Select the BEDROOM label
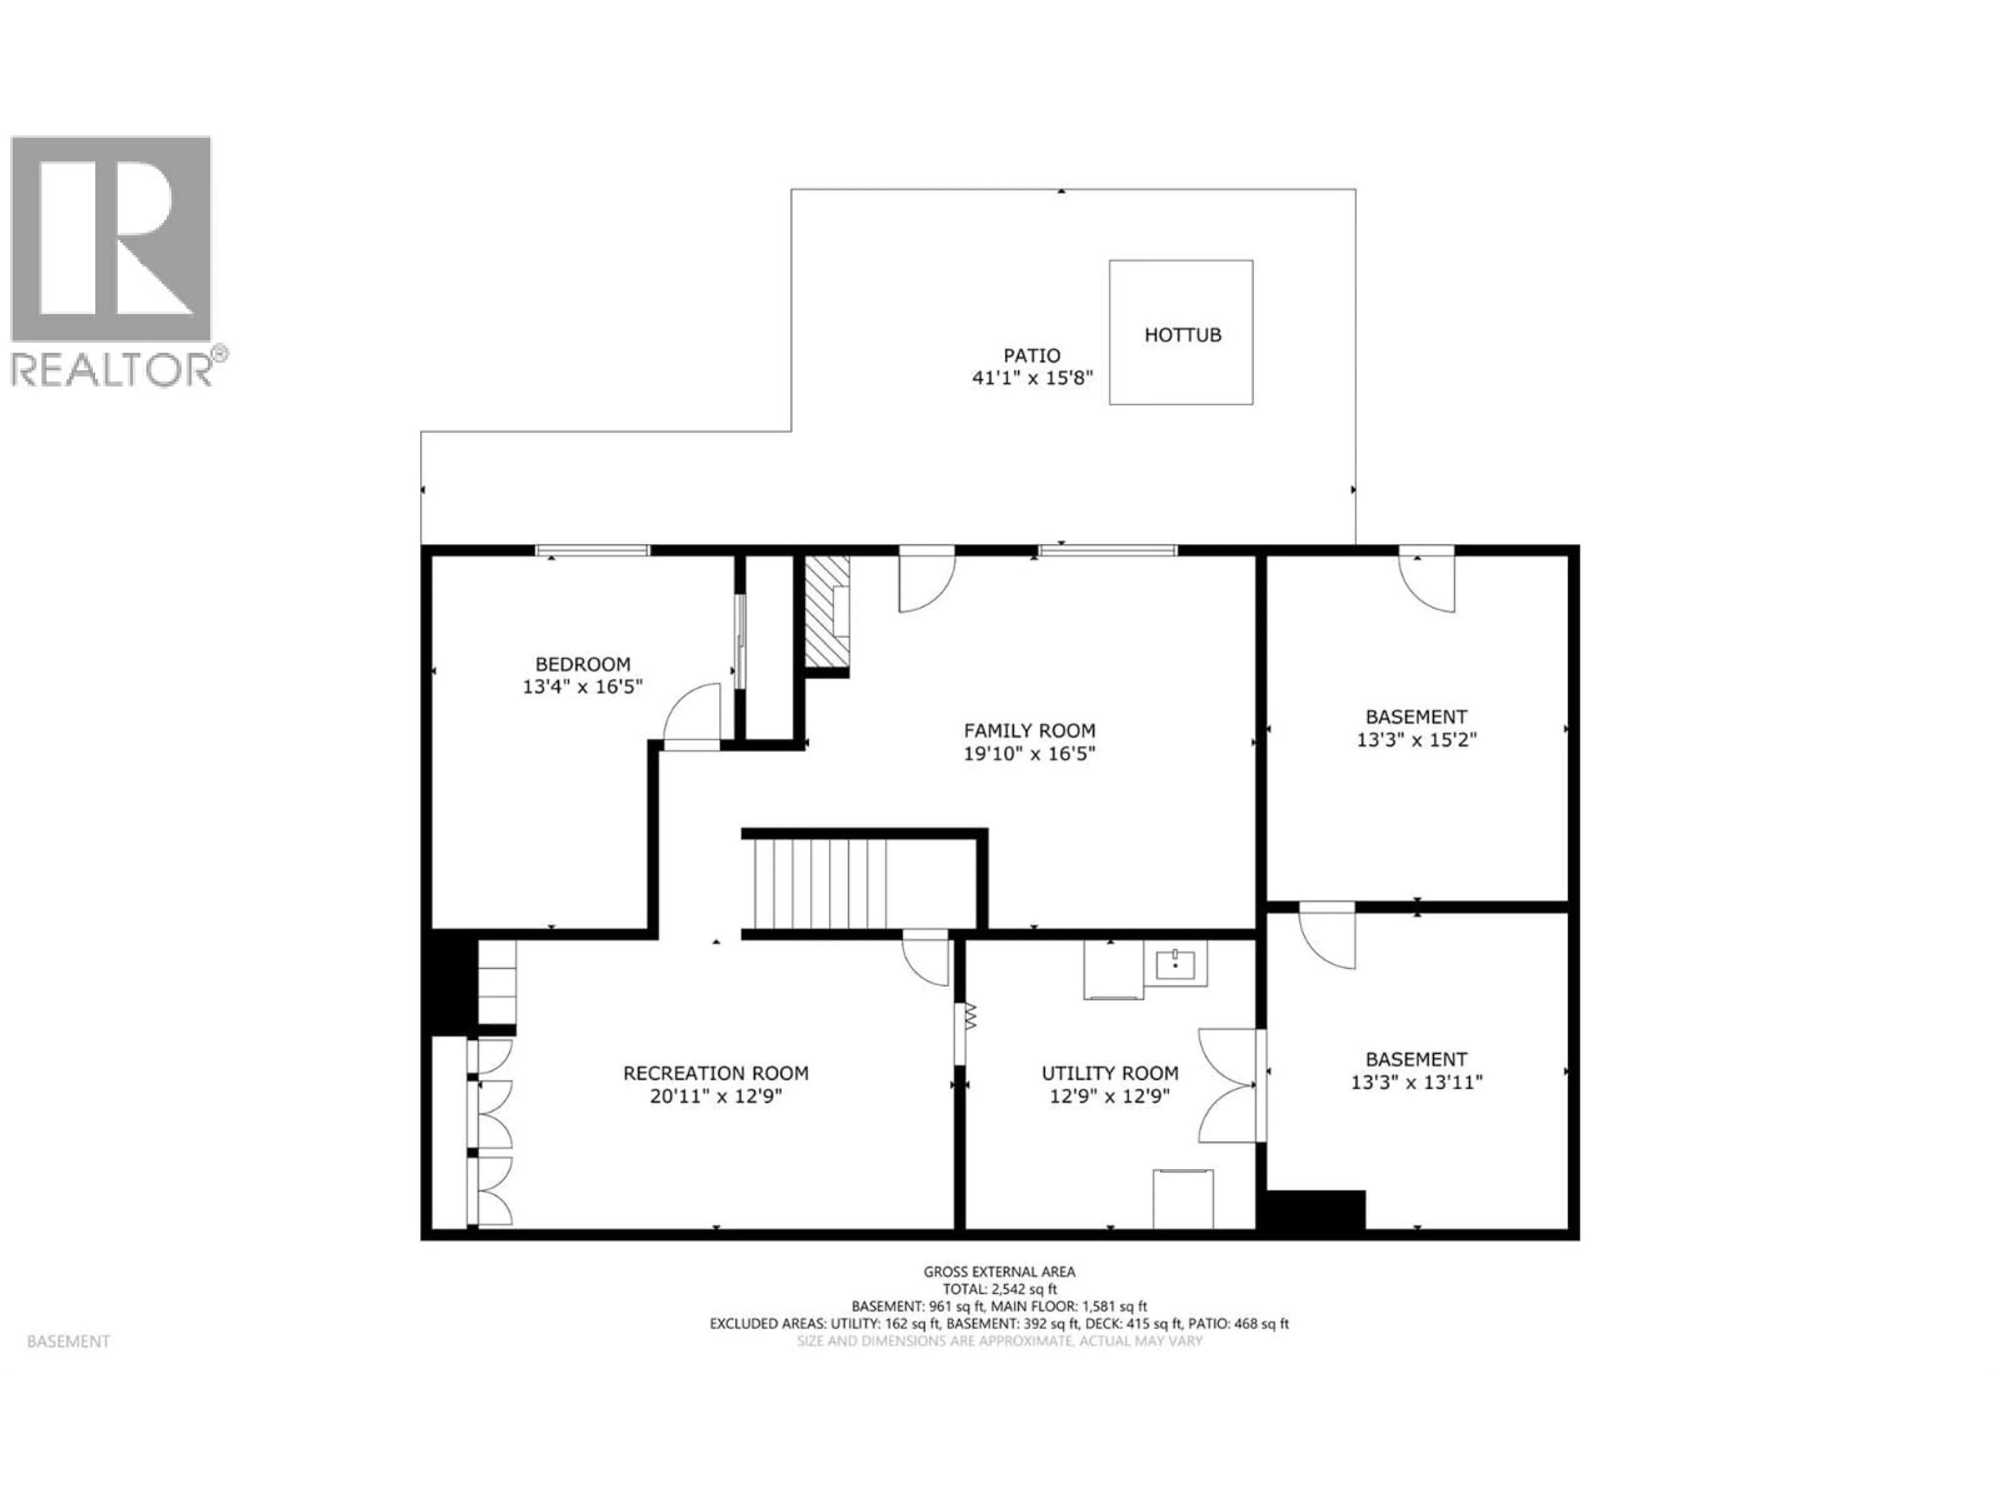pos(582,664)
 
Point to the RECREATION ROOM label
pos(715,1073)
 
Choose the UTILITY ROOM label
pos(1109,1073)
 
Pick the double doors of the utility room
pos(1230,1085)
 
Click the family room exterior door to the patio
pos(926,579)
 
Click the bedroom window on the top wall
pos(592,549)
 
